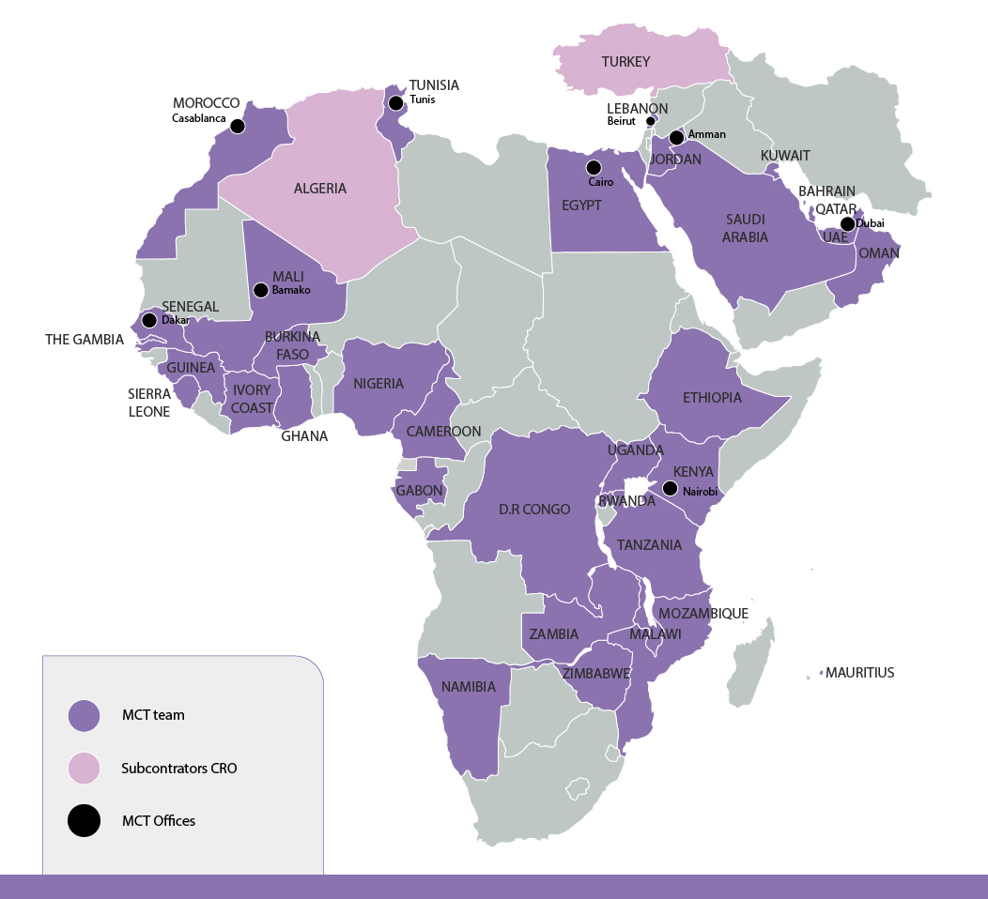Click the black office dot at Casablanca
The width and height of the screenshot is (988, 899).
click(x=238, y=126)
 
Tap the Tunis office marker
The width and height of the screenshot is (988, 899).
click(x=396, y=102)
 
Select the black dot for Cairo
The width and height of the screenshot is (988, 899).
click(x=594, y=168)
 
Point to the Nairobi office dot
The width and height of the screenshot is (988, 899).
click(x=670, y=488)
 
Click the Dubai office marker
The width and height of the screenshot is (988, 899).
click(x=847, y=223)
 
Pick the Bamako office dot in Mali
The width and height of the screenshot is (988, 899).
click(x=261, y=290)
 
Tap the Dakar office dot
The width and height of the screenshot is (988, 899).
click(x=149, y=320)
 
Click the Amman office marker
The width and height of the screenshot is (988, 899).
click(x=676, y=137)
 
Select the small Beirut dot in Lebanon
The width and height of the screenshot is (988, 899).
click(x=650, y=121)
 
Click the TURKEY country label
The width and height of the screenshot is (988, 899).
click(x=626, y=62)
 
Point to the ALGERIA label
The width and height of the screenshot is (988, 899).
click(x=320, y=189)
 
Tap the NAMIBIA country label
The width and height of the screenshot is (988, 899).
click(x=469, y=687)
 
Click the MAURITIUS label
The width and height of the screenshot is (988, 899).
click(x=859, y=673)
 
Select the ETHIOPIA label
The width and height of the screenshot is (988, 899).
click(x=712, y=397)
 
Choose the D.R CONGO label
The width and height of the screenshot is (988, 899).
click(x=534, y=510)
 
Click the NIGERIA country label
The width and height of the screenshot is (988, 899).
click(x=378, y=383)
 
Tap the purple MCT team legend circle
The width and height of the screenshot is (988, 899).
click(x=85, y=715)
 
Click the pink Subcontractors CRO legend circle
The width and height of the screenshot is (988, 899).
click(x=85, y=768)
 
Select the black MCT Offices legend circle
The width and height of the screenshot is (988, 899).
click(x=85, y=821)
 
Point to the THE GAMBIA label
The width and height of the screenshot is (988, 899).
click(x=85, y=340)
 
